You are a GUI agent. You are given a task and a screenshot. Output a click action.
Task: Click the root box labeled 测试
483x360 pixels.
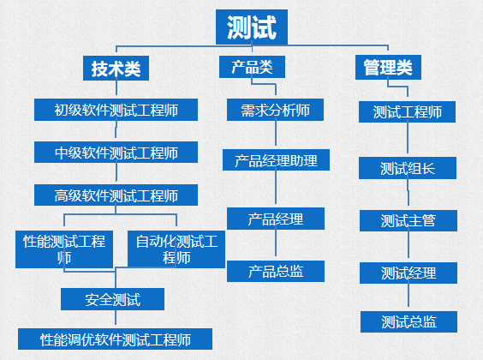(252, 27)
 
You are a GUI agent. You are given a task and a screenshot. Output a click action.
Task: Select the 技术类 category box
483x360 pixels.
(116, 68)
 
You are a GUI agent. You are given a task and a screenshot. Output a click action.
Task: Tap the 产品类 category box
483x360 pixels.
(252, 67)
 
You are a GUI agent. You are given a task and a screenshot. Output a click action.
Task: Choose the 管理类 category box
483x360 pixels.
(388, 67)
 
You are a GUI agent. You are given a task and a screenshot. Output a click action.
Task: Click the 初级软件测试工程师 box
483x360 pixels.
(116, 110)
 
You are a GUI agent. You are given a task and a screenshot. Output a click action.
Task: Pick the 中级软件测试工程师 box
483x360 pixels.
(116, 153)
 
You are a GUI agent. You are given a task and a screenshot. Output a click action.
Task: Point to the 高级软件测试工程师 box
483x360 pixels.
(116, 195)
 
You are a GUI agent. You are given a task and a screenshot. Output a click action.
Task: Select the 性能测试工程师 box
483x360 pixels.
(64, 249)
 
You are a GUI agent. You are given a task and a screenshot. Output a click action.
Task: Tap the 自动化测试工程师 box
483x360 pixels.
(176, 249)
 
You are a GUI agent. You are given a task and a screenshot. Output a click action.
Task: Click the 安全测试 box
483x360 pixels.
(112, 299)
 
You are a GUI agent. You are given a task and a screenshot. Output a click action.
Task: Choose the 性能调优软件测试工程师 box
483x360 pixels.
(115, 339)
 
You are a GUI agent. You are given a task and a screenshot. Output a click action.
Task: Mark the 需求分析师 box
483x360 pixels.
(275, 110)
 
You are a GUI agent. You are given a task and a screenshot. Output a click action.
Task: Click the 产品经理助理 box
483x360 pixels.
(276, 160)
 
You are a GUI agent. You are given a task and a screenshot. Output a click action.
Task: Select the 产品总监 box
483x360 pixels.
(276, 271)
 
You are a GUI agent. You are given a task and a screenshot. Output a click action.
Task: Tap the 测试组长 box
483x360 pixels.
(408, 168)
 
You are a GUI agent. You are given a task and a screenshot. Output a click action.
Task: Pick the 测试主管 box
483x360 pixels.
(408, 220)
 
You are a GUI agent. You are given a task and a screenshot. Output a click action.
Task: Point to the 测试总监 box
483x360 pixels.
(408, 321)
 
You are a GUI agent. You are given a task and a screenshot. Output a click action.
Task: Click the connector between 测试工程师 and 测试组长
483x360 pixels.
(408, 140)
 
